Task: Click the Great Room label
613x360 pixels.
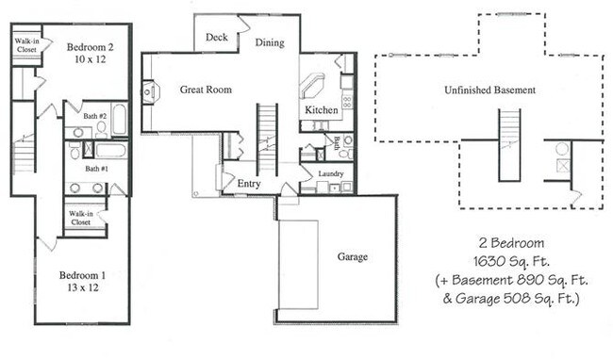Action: [x=206, y=90]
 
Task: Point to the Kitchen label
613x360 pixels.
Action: [x=321, y=111]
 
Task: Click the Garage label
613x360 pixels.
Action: [x=353, y=256]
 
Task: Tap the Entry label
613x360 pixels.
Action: [x=249, y=183]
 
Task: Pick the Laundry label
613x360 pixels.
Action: [x=330, y=173]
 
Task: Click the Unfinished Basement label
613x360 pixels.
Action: [x=489, y=90]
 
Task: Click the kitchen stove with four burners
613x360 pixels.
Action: [x=346, y=98]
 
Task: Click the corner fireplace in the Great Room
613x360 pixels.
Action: [x=150, y=92]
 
